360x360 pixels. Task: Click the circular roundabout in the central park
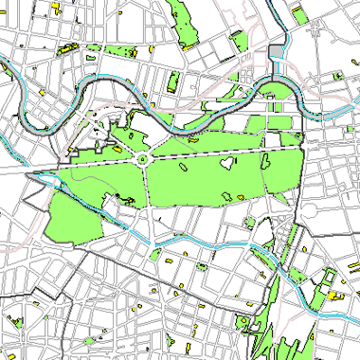(x=143, y=160)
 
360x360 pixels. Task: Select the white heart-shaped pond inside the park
(x=226, y=162)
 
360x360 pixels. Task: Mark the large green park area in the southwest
(x=71, y=214)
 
